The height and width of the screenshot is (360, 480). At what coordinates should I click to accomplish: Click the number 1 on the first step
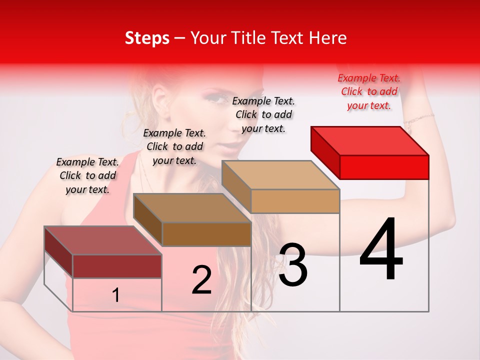(116, 295)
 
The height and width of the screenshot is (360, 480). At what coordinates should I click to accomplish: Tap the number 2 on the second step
(201, 280)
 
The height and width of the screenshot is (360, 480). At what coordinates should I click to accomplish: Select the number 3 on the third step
(292, 265)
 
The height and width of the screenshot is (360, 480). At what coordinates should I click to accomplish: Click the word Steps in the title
(147, 38)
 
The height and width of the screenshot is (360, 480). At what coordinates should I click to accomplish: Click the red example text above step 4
(369, 91)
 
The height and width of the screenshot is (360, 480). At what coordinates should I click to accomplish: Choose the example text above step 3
(264, 114)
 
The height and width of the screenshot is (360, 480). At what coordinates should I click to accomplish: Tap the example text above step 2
(174, 146)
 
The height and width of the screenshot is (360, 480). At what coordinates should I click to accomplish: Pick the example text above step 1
(87, 175)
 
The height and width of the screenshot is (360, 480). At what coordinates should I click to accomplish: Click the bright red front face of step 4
(384, 167)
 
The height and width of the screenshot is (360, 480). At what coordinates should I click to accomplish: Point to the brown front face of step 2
(206, 234)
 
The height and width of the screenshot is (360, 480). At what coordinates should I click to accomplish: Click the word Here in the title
(329, 38)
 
